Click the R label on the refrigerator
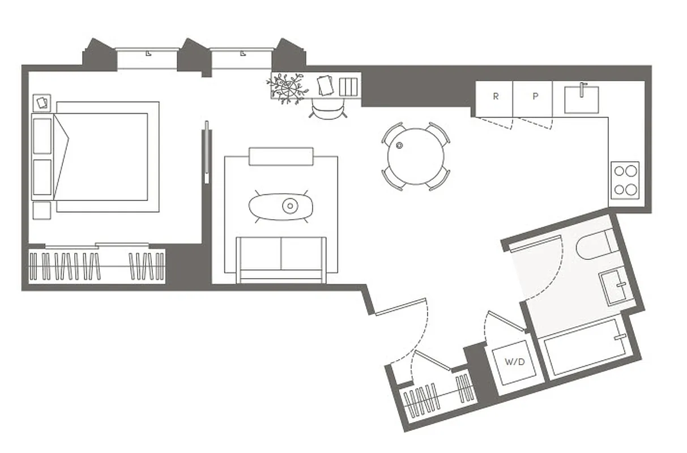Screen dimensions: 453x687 [496, 96]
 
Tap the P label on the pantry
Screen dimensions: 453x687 [535, 96]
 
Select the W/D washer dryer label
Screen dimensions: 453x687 [514, 362]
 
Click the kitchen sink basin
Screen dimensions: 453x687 [582, 99]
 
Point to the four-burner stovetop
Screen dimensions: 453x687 [625, 180]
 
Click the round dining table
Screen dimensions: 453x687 [416, 156]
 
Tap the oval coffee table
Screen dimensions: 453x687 [281, 206]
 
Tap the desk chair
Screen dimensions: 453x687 [328, 110]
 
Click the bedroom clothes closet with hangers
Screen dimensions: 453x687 [97, 266]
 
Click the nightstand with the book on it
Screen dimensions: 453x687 [42, 102]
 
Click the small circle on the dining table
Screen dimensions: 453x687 [400, 145]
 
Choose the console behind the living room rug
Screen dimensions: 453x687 [281, 157]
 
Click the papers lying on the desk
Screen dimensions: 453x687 [325, 86]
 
